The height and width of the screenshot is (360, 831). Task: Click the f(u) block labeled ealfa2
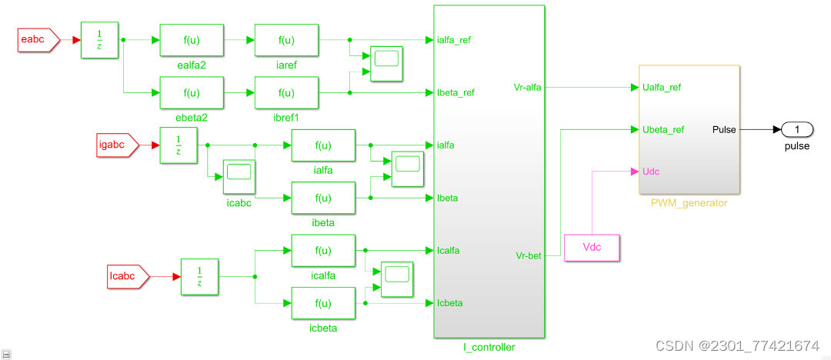tap(192, 40)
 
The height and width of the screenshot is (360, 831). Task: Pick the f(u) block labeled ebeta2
tap(192, 93)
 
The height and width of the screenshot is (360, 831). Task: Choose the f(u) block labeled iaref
tap(286, 40)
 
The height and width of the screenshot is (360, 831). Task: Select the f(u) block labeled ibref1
tap(286, 93)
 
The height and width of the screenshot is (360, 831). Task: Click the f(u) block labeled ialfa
tap(323, 145)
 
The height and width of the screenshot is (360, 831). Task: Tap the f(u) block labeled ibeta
tap(323, 198)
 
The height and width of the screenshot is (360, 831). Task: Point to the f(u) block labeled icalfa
tap(323, 251)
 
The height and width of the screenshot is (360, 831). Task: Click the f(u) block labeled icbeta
tap(323, 303)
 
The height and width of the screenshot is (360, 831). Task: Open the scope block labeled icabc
tap(239, 176)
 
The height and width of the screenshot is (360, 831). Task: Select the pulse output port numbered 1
tap(797, 129)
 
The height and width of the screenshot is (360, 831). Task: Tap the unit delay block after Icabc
tap(199, 276)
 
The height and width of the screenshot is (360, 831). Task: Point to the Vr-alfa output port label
tap(527, 88)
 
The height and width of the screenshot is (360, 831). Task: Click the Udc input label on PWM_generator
tap(650, 171)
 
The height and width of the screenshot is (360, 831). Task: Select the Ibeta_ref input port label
tap(456, 93)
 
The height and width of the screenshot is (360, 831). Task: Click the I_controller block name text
tap(489, 348)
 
